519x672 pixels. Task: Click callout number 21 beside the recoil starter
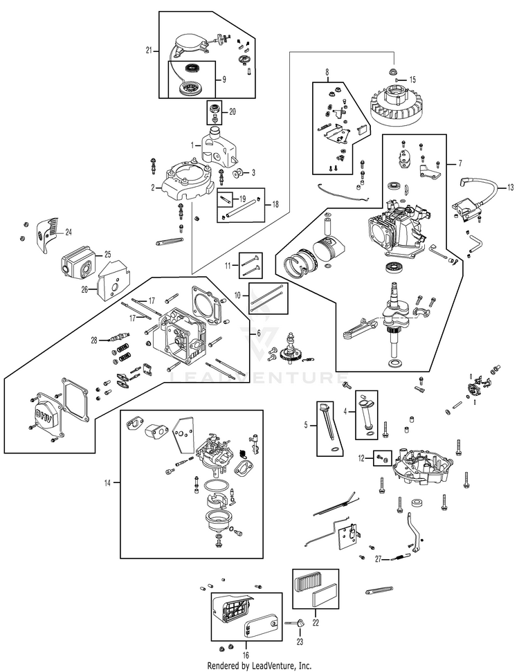149,51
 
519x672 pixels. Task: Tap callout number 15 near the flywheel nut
413,80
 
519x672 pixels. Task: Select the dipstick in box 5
329,428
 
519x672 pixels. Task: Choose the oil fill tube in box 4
367,415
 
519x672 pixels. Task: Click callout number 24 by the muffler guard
69,231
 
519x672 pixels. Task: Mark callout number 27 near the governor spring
378,558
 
